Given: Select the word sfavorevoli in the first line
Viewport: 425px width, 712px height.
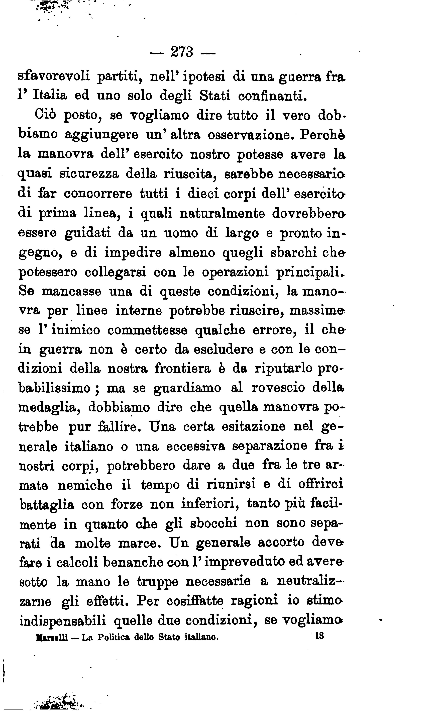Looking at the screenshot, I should pyautogui.click(x=54, y=76).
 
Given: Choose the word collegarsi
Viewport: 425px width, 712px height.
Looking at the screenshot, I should pyautogui.click(x=115, y=272).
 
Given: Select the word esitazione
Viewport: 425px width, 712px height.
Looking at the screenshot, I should pyautogui.click(x=253, y=427).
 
